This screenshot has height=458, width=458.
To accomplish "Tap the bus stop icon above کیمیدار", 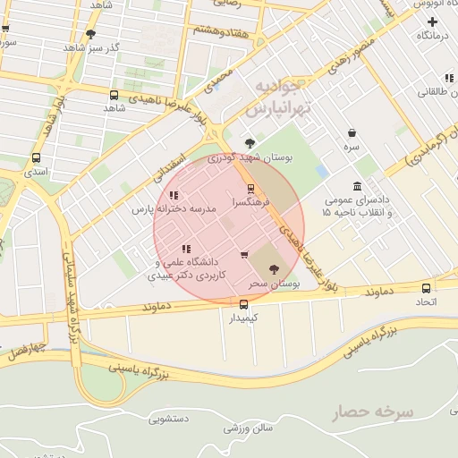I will click(244, 303).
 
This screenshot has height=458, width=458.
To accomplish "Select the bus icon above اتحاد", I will click(426, 288).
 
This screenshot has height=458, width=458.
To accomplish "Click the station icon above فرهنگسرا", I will click(250, 189).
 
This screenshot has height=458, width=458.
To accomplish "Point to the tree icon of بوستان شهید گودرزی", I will click(250, 142).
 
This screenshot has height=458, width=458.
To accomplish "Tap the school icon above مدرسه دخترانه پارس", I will click(174, 195).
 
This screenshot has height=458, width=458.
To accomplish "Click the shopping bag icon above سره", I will click(352, 132).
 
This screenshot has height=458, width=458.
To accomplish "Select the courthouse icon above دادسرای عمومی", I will click(358, 186).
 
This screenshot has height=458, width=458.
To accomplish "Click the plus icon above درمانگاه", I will click(433, 21).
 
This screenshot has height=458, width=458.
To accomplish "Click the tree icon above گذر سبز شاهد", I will click(90, 35).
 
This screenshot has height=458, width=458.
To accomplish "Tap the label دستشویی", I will click(168, 418).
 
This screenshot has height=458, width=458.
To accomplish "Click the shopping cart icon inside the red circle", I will click(244, 256).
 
